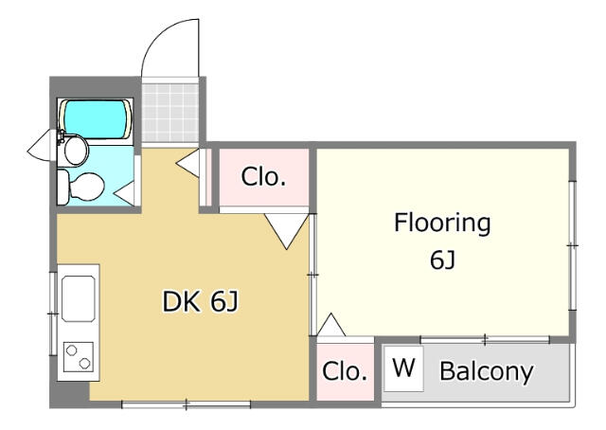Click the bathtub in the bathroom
click(x=96, y=119)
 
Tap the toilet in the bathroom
click(x=81, y=188)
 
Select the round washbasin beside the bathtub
click(x=75, y=150)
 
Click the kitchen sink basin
click(x=78, y=298)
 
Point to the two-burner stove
click(x=79, y=357)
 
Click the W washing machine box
click(x=403, y=368)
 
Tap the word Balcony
click(x=486, y=371)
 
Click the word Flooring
click(x=442, y=224)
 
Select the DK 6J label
click(x=201, y=301)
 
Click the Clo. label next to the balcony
click(x=345, y=371)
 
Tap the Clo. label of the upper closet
click(x=263, y=177)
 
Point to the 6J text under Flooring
click(x=443, y=260)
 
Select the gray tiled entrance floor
click(x=170, y=113)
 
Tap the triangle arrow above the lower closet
click(x=331, y=325)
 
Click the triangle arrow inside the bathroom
click(x=125, y=192)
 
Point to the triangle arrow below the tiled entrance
click(x=187, y=163)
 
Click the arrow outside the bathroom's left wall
click(x=39, y=147)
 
